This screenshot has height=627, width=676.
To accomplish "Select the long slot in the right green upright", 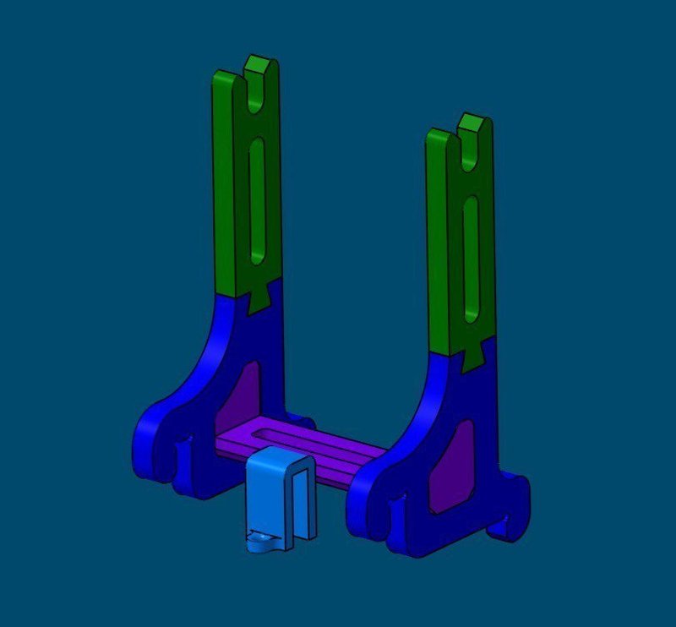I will coord(472,258).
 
